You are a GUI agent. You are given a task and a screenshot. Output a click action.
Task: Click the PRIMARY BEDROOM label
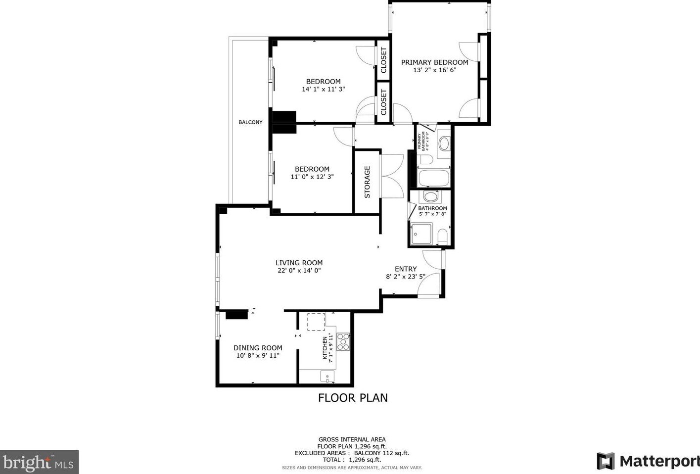(434, 62)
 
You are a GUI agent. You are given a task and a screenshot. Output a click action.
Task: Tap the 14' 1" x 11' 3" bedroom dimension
(323, 90)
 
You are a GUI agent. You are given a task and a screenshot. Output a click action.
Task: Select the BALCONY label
(250, 122)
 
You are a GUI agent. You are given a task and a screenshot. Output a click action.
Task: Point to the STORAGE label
(367, 182)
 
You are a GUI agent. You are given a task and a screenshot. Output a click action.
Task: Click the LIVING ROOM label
(299, 263)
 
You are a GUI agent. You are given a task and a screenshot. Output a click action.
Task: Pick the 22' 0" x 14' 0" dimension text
(299, 271)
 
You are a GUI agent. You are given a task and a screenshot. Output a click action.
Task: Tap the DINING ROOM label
(258, 348)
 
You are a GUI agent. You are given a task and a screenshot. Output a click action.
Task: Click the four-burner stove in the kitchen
(343, 341)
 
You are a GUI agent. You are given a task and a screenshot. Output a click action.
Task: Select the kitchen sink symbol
(327, 377)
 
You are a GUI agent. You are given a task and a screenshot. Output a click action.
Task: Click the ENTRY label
(406, 269)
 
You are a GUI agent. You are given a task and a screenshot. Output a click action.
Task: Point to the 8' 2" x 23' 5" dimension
(406, 277)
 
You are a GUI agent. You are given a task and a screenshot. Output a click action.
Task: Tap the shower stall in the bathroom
(421, 234)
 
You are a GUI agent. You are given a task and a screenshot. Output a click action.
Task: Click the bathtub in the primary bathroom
(433, 178)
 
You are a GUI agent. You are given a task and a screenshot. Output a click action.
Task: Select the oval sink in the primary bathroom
(444, 144)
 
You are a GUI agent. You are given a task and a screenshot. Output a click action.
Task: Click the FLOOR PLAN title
(353, 398)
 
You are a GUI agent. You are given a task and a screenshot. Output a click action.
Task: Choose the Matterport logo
(648, 461)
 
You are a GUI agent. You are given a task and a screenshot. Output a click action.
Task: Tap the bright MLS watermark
(39, 462)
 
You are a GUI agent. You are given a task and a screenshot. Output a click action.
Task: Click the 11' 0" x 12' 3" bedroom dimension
(312, 177)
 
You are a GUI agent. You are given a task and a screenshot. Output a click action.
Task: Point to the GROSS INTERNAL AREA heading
(352, 439)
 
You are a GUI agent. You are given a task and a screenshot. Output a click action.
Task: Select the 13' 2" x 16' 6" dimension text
(434, 70)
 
